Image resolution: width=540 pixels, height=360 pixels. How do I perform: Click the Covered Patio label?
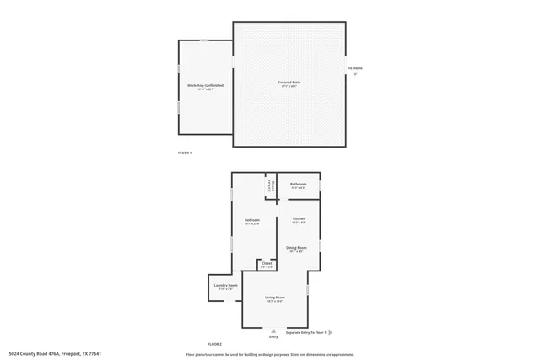289,83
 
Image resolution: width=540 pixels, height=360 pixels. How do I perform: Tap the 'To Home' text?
356,68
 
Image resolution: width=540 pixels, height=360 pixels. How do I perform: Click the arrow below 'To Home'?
356,75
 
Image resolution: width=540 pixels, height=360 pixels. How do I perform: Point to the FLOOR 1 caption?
185,153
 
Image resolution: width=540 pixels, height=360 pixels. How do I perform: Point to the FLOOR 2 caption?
214,344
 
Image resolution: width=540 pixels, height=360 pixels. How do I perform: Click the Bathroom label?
299,185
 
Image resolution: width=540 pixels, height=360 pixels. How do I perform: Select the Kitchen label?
299,220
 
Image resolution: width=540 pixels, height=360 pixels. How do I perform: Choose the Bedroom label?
251,222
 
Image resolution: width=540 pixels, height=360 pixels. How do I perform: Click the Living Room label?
274,298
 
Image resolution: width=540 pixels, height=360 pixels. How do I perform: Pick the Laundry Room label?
225,287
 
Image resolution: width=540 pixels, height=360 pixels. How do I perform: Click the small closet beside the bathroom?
272,185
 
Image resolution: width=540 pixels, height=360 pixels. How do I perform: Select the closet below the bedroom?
267,265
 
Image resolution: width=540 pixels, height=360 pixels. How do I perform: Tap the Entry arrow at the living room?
273,331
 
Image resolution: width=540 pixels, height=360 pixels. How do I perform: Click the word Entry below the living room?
273,337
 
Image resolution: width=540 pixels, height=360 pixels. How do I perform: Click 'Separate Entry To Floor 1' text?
305,333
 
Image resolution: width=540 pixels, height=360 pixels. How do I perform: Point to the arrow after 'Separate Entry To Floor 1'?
332,333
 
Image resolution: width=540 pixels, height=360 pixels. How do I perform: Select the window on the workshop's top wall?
204,40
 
